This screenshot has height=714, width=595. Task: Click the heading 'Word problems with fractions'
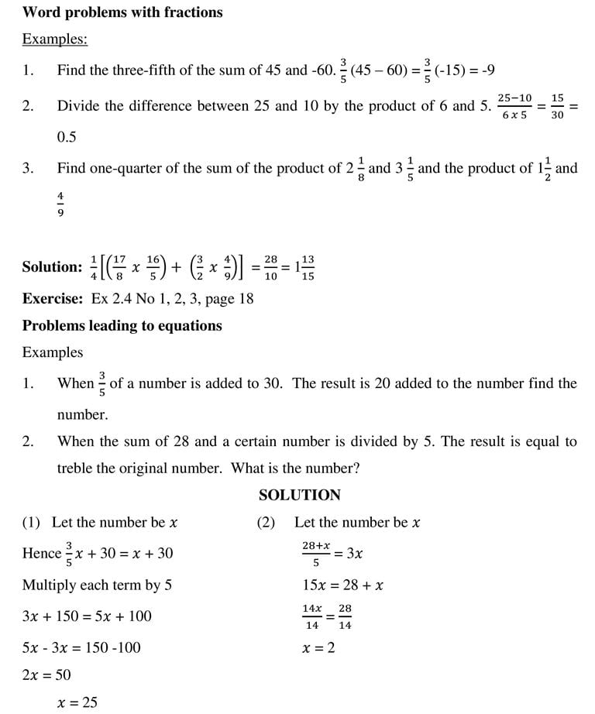(122, 12)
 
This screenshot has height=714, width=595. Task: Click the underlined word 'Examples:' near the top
(54, 39)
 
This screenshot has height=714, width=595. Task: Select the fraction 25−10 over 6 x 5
(514, 107)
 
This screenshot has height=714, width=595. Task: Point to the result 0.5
(67, 137)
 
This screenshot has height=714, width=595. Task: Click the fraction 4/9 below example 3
(60, 204)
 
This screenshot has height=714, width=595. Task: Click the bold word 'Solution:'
(52, 267)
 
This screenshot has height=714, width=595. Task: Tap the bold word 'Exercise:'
(53, 298)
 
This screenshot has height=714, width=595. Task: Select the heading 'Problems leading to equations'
(122, 326)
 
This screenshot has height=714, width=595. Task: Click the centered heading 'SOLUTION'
(299, 495)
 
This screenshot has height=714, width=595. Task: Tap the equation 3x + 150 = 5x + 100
(87, 616)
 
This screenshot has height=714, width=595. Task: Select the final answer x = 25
(77, 702)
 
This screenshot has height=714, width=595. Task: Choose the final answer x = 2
(318, 647)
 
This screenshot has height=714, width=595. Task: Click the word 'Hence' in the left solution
(41, 553)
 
